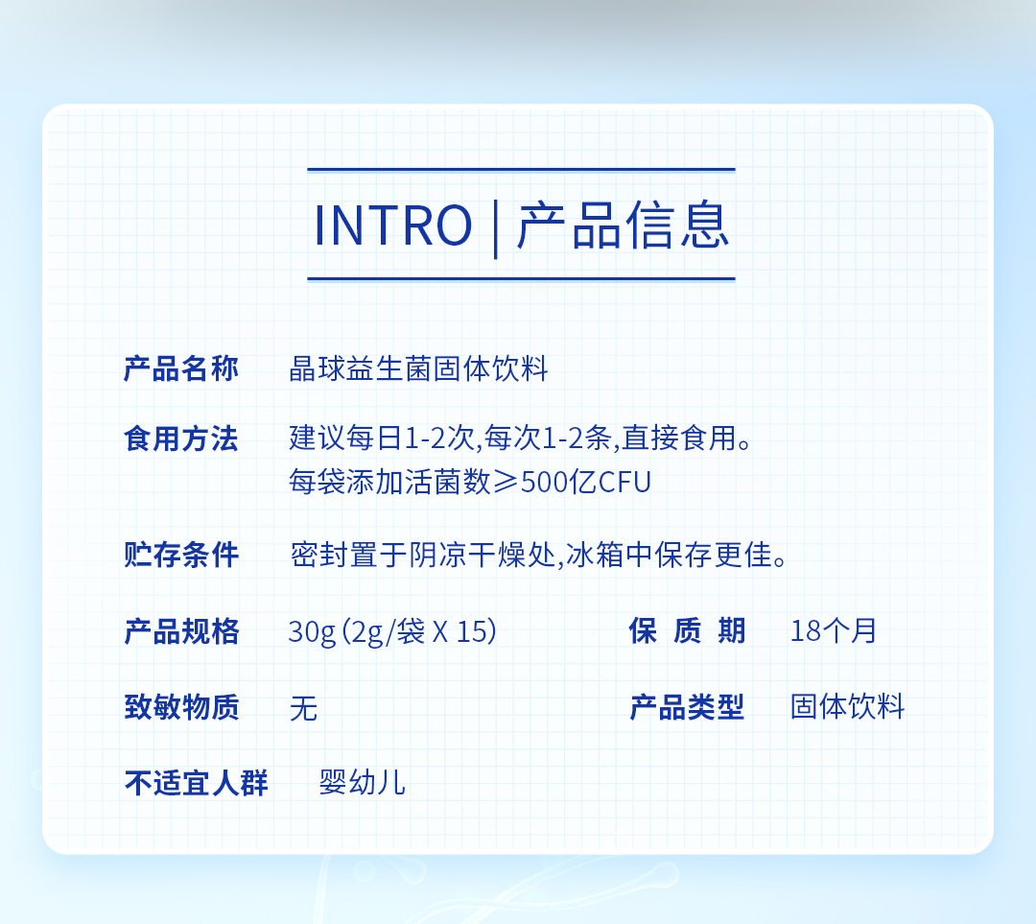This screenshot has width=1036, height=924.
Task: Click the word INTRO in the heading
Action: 393,225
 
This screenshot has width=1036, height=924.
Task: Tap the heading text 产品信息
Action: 624,225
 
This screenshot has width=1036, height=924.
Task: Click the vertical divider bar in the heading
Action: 495,228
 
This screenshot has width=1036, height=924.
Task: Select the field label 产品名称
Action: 181,368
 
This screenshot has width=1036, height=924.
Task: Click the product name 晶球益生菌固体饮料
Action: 419,368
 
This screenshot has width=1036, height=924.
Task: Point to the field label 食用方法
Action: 181,438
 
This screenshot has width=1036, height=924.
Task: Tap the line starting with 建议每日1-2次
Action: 521,438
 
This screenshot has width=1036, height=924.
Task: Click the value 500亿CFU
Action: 586,483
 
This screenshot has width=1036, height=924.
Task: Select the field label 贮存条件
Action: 181,555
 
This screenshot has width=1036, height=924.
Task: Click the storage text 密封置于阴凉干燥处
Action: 423,555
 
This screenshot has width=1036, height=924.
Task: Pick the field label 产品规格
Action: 181,631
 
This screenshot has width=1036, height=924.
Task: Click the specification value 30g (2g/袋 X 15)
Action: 392,632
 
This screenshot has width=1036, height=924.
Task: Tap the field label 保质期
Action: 687,630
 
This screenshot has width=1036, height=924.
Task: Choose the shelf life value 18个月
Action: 834,630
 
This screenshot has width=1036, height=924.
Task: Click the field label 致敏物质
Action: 181,707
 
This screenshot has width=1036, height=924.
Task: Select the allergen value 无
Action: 304,708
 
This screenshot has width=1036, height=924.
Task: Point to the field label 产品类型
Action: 687,707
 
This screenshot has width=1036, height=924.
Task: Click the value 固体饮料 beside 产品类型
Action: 848,706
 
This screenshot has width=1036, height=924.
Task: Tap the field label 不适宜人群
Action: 197,784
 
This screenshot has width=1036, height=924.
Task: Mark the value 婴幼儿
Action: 362,783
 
